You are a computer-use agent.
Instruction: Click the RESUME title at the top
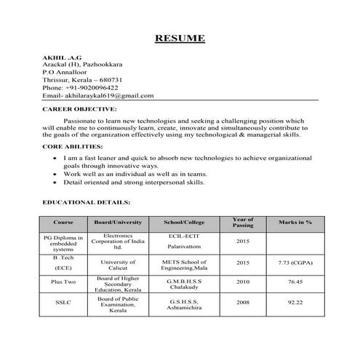coord(180,39)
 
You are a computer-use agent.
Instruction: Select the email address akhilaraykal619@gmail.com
coord(108,95)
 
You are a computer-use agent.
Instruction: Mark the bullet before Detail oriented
coord(55,184)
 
